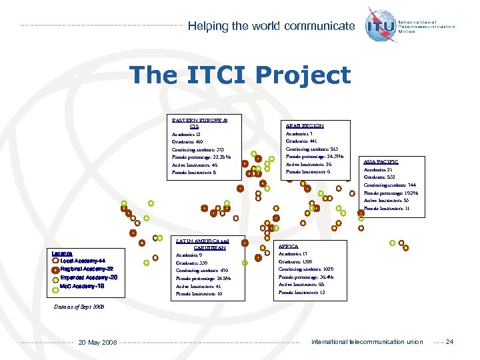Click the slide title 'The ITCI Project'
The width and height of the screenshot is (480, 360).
tap(240, 75)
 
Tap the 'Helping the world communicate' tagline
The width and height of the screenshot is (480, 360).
tap(271, 26)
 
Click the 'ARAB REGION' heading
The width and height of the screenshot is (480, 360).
tap(305, 125)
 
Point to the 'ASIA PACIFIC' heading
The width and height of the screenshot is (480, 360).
tap(381, 161)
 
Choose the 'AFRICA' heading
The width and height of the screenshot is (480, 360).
tap(288, 246)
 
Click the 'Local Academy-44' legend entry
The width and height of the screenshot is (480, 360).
tap(83, 261)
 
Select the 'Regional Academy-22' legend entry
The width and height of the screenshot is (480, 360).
tap(87, 269)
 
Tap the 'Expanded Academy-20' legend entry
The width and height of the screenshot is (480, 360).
tap(88, 277)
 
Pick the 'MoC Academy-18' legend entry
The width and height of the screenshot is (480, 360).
tap(82, 286)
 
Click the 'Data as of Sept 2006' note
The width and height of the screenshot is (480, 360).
tap(77, 307)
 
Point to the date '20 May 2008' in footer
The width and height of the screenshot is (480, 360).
tap(97, 342)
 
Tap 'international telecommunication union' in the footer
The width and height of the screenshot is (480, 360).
tap(367, 342)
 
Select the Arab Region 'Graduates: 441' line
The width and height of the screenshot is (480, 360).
tap(302, 141)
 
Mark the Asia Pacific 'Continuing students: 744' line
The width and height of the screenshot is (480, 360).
tap(390, 185)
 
